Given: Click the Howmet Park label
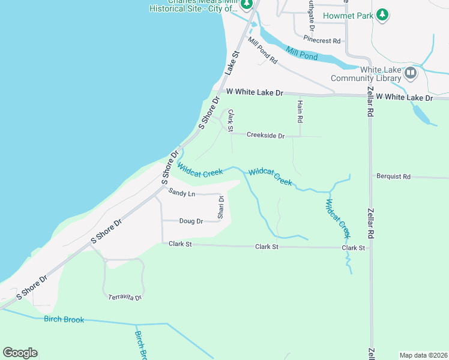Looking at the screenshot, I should click(x=348, y=15).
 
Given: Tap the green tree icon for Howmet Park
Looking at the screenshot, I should click(x=382, y=16).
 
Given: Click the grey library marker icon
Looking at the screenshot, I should click(x=411, y=74).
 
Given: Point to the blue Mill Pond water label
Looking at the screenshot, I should click(x=301, y=53).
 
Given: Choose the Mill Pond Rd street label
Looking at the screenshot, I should click(x=262, y=52).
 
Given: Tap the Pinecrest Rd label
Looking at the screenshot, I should click(x=322, y=40).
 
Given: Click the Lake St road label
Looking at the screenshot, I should click(x=232, y=62).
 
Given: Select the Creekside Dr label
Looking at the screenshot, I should click(x=265, y=136).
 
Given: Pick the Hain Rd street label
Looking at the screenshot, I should click(x=300, y=112).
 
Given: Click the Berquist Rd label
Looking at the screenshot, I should click(x=393, y=177).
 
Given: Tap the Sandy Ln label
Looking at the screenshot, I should click(x=182, y=193).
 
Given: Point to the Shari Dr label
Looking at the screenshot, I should click(x=221, y=207).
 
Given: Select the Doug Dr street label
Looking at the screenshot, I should click(x=191, y=221).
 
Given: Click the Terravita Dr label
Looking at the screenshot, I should click(x=125, y=298).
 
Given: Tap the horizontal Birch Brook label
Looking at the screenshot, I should click(x=64, y=319).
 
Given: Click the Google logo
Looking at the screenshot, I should click(x=20, y=353).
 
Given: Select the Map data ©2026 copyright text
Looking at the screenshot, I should click(x=423, y=355).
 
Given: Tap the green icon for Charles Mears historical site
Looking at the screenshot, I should click(x=246, y=5).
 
